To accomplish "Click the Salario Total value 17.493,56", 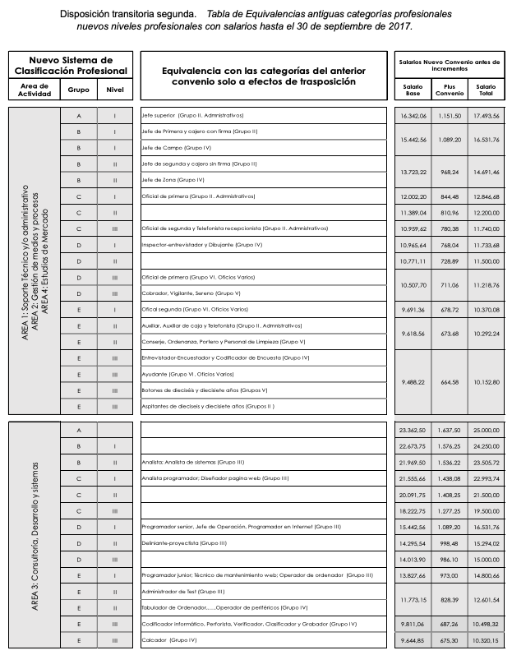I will tap(486, 116).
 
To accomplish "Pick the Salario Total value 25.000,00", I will tap(486, 430).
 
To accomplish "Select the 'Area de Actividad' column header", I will tap(35, 90).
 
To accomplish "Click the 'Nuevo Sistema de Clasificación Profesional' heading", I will tap(71, 66).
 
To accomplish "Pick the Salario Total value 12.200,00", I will tap(486, 212).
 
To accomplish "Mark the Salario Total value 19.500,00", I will tap(486, 510).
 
